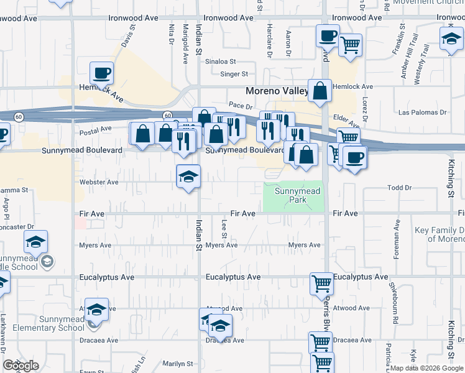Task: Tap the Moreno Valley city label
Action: point(277,91)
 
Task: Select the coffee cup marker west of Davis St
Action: point(101,74)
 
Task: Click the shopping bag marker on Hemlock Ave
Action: point(320,91)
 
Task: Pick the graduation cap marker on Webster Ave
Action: point(188,177)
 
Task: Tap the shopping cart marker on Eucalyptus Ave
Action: point(322,283)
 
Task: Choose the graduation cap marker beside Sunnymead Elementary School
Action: point(96,309)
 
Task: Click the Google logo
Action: point(21,366)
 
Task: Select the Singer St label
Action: point(234,74)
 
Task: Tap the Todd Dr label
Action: point(400,187)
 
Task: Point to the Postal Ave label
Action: point(96,130)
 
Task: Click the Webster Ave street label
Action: point(99,182)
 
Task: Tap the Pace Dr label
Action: point(239,106)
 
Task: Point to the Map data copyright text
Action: point(426,368)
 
